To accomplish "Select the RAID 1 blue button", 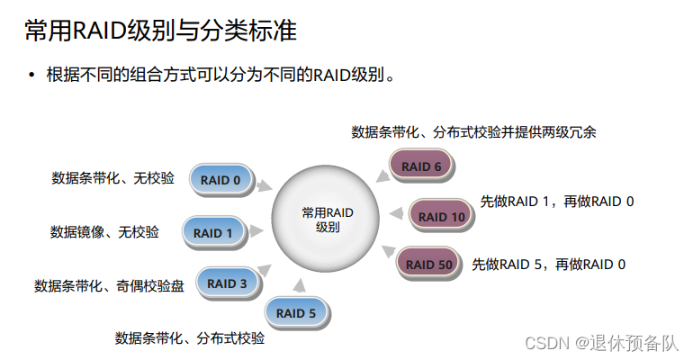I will pos(213,233).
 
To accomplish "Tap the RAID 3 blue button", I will pos(227,283).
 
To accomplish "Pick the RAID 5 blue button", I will pos(296,313).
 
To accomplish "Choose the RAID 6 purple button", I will pos(421,166).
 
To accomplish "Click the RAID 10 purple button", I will pos(441,216).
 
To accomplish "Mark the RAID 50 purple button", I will pos(428,265).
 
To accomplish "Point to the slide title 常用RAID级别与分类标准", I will pos(160,31).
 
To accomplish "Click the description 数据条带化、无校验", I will pos(112,178).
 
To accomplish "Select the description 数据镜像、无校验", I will pos(104,232).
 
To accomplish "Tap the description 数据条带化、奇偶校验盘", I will pos(109,286).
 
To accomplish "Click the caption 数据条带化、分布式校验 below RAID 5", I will pos(190,338).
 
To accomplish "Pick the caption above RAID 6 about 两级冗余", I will pos(473,131).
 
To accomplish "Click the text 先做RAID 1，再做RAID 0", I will pos(557,202).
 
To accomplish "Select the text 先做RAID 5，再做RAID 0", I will pos(548,265).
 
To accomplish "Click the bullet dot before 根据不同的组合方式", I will pos(33,75).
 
